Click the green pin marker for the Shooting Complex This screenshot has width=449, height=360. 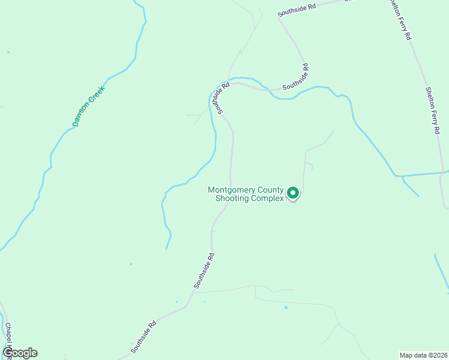(293, 193)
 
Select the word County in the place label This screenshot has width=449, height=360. (268, 190)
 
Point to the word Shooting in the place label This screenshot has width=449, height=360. (232, 199)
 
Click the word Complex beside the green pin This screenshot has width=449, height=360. (267, 199)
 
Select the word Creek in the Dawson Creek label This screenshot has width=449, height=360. (97, 96)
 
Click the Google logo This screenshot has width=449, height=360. (20, 353)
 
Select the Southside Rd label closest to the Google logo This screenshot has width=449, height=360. (143, 337)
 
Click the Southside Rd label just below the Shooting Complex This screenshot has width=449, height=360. (204, 271)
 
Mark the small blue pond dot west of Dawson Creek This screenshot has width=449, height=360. (8, 52)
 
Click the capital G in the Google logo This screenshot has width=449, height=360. (8, 353)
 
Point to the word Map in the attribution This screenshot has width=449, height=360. (406, 355)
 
